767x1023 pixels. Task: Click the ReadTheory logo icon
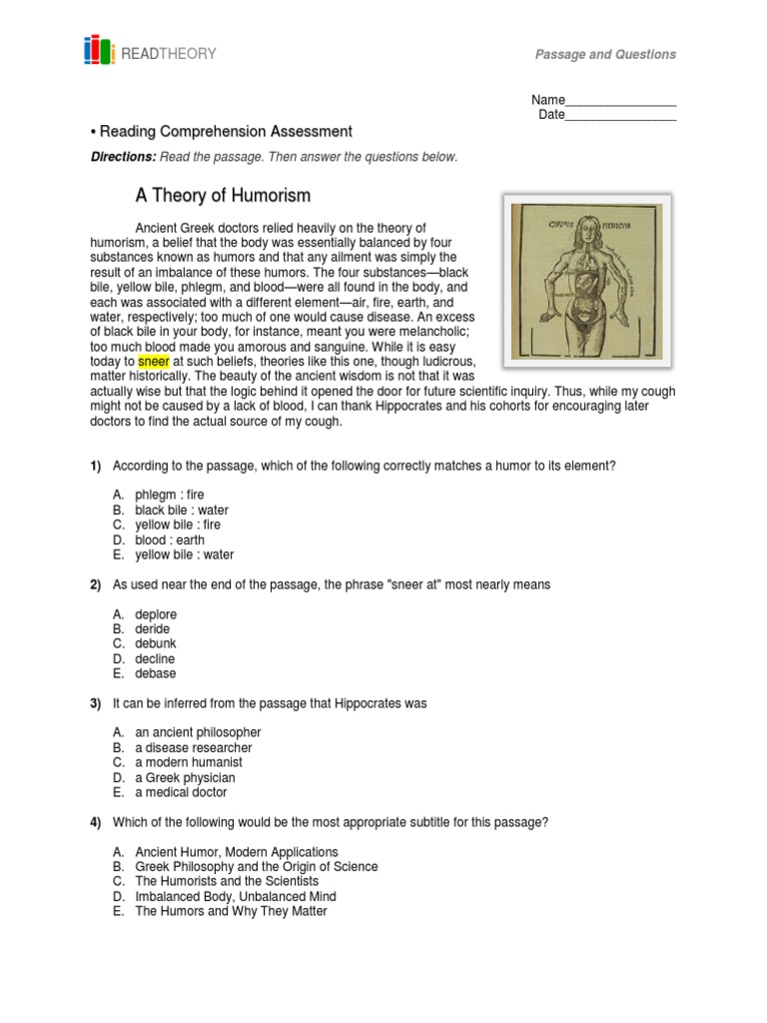(100, 51)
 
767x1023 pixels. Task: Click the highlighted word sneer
(154, 360)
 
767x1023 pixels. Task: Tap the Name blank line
(620, 101)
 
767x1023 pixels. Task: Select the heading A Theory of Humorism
(223, 196)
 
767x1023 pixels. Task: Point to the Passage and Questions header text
(605, 55)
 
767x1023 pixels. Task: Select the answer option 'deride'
(153, 629)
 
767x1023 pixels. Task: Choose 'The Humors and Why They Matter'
(231, 911)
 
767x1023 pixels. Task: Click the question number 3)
(96, 703)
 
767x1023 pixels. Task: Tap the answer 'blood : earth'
(170, 539)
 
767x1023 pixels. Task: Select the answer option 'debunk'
(156, 644)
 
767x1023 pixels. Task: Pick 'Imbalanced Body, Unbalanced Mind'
(236, 896)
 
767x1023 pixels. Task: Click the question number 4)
(96, 822)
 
